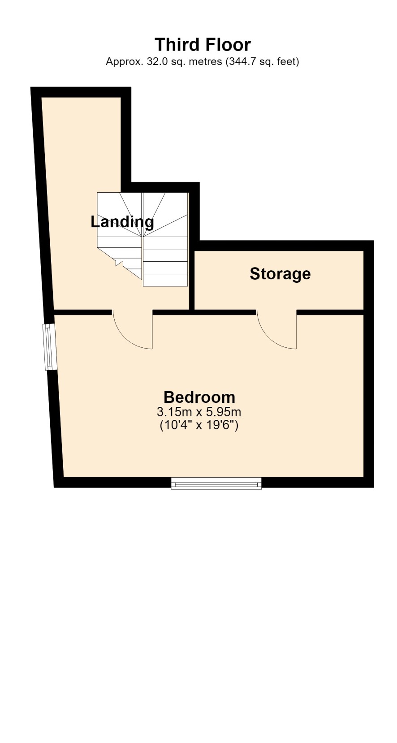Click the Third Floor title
tap(203, 44)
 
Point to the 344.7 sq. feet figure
tap(262, 61)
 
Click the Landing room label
tap(122, 222)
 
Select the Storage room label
tap(280, 274)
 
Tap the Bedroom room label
tap(199, 397)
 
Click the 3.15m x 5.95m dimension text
tap(199, 412)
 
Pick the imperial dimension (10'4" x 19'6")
tap(199, 425)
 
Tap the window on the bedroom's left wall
tap(50, 347)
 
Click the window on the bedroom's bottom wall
tap(216, 483)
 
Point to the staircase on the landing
tap(142, 239)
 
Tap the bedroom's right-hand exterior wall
tap(369, 364)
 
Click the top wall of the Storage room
tap(284, 246)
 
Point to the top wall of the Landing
tap(81, 92)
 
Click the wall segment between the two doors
tap(204, 312)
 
